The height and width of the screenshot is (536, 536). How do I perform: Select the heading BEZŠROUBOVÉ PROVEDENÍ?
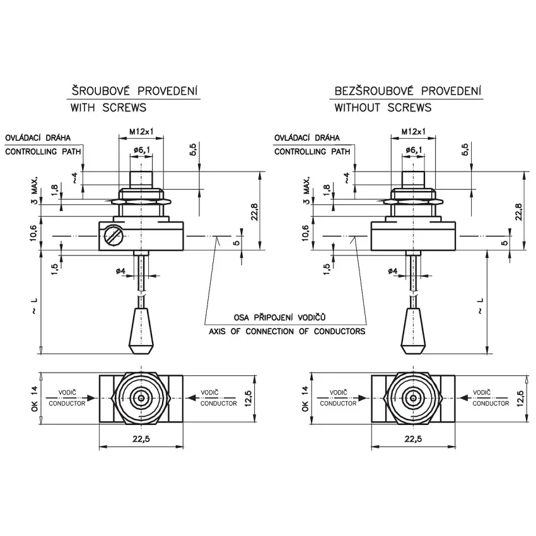tap(408, 91)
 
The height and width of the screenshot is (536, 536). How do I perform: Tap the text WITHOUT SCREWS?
tap(383, 108)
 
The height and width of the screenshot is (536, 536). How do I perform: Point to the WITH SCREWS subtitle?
tap(108, 108)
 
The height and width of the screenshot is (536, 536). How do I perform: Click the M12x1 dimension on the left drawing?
tap(141, 132)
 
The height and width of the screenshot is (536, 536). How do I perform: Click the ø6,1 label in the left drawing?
tap(141, 149)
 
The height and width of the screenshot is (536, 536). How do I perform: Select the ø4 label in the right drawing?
tap(392, 271)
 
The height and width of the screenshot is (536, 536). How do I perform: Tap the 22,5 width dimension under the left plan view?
tap(141, 440)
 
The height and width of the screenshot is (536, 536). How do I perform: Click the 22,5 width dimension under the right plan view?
tap(413, 440)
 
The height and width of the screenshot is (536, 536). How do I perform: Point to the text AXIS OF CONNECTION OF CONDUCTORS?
tap(287, 331)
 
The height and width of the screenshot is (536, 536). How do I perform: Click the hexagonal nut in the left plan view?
tap(141, 398)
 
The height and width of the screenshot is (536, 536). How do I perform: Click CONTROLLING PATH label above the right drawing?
tap(312, 152)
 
